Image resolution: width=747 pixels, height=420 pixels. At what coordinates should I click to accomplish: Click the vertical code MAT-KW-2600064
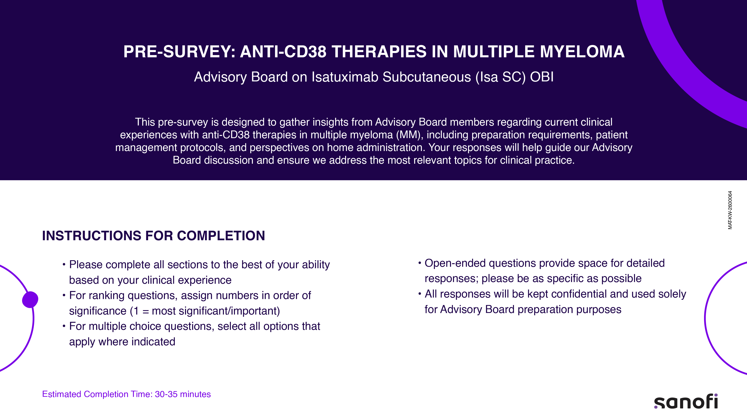point(730,210)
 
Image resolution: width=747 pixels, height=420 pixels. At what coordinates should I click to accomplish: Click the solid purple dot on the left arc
point(30,299)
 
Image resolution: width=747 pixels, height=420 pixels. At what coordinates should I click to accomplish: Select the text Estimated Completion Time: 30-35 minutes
point(126,394)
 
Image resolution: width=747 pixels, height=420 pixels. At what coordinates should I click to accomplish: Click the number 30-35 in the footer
point(166,394)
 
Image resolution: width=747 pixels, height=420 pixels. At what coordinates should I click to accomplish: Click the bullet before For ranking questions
point(64,295)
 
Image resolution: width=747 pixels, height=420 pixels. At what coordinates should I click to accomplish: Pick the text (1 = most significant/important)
point(205,311)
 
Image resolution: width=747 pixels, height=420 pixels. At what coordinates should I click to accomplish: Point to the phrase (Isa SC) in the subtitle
point(500,77)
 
